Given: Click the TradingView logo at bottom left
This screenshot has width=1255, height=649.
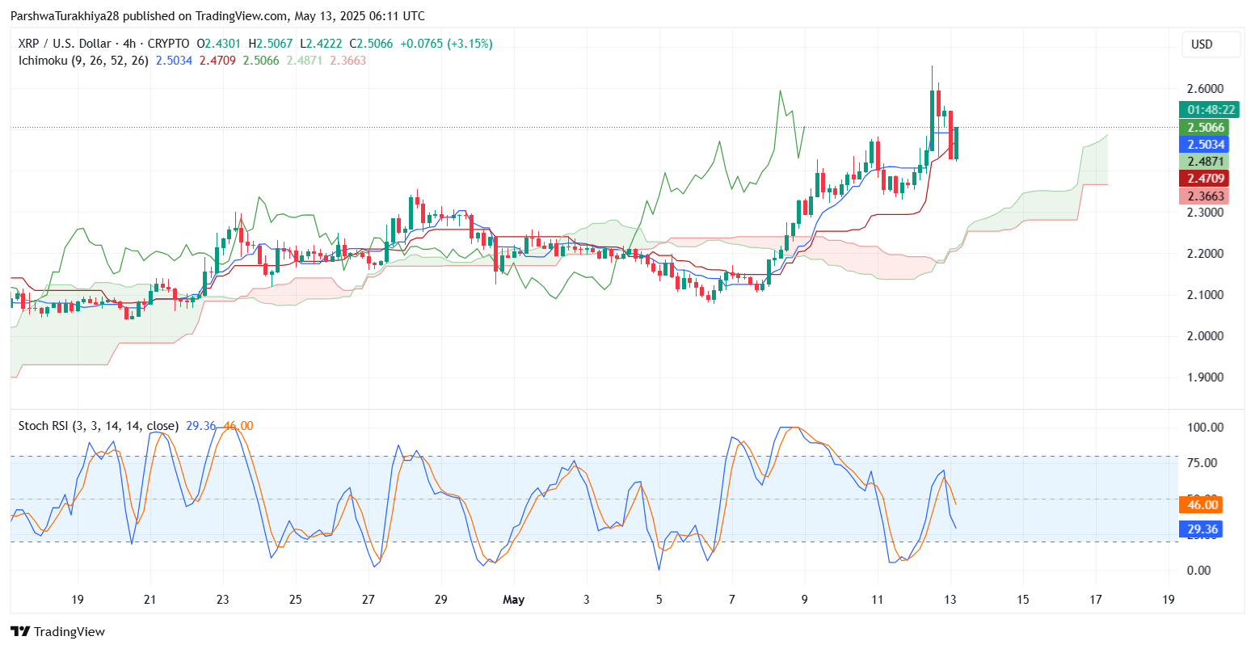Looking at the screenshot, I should click(x=57, y=632).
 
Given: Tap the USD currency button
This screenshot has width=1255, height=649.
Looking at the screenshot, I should click(x=1202, y=44).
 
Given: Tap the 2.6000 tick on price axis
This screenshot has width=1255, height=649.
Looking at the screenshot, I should click(x=1205, y=89).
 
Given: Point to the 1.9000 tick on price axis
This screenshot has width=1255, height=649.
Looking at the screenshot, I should click(x=1205, y=377).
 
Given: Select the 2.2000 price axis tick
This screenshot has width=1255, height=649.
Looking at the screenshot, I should click(x=1205, y=254).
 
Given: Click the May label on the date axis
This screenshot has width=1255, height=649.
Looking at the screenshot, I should click(x=513, y=600).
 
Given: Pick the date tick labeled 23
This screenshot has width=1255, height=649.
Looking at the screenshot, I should click(x=223, y=600).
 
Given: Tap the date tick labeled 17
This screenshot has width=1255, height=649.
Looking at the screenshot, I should click(x=1096, y=600).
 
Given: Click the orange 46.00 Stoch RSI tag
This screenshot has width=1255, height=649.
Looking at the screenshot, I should click(x=1201, y=505).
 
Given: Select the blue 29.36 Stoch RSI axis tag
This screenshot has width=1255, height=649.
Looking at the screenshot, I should click(x=1201, y=529).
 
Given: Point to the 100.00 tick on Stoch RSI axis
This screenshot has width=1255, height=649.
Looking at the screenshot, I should click(x=1205, y=428).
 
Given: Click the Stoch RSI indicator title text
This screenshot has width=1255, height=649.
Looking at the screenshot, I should click(x=98, y=426).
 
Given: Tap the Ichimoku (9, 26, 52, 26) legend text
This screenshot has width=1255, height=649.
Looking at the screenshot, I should click(x=83, y=61).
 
